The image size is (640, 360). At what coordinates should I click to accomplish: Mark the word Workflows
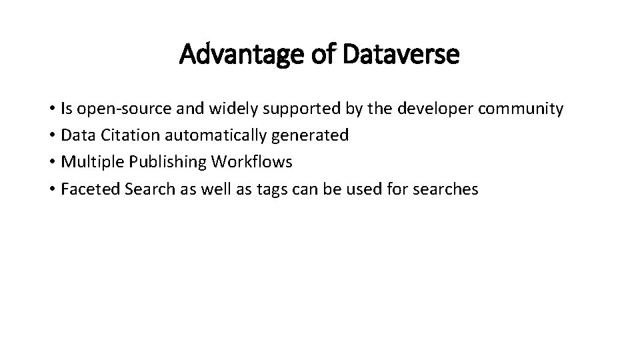[x=253, y=162]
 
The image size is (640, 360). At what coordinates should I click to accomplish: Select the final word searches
[x=445, y=189]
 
